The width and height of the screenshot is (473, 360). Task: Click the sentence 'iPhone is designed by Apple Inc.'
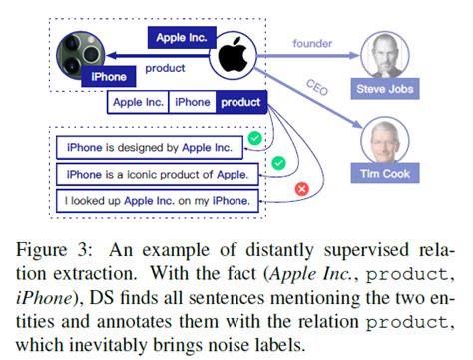click(x=149, y=148)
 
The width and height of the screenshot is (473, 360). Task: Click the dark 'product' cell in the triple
click(x=240, y=102)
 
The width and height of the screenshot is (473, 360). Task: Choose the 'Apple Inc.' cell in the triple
click(x=139, y=102)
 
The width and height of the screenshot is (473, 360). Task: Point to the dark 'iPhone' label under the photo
click(x=107, y=75)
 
